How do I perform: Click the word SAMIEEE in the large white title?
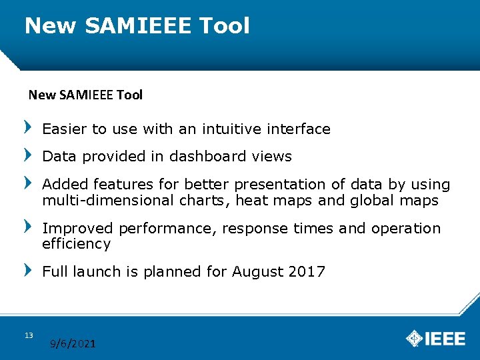tap(137, 26)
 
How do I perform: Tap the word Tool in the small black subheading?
tap(129, 95)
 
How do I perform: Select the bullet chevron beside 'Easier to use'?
tap(27, 127)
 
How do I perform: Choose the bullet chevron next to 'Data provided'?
tap(27, 155)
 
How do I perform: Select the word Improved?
tap(78, 229)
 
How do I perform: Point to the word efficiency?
tap(76, 244)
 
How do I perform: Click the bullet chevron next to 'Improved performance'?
tap(27, 227)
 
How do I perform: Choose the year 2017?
tap(307, 272)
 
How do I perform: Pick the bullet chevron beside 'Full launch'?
tap(27, 270)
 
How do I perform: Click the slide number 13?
tap(29, 335)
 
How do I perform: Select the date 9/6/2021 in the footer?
tap(73, 344)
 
